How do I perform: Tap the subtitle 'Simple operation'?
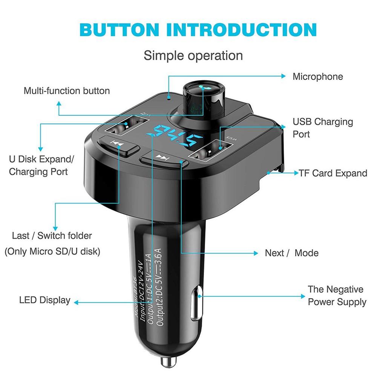[x=193, y=55]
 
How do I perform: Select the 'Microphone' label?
[x=318, y=77]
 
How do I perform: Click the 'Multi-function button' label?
[x=67, y=91]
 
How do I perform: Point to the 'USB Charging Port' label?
[x=323, y=128]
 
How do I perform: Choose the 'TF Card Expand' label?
[x=333, y=173]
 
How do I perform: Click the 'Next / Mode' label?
[x=291, y=253]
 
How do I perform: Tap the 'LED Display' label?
[x=44, y=300]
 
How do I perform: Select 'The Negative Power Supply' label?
[x=337, y=296]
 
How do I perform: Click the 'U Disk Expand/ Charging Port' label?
[x=41, y=165]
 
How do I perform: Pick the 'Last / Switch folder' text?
[x=52, y=236]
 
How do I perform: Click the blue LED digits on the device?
[x=175, y=136]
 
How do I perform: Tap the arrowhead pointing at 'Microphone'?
[x=283, y=76]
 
